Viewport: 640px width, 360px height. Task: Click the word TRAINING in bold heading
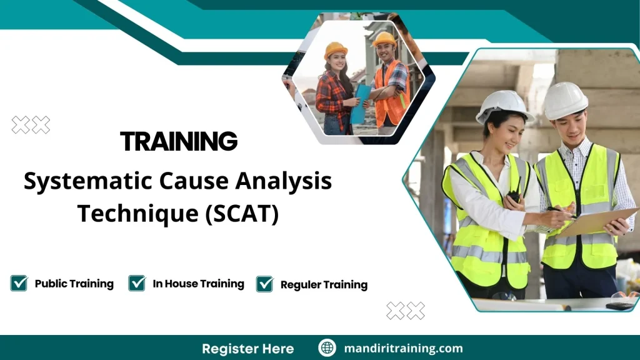[x=179, y=141]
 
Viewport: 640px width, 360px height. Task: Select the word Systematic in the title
[x=73, y=182]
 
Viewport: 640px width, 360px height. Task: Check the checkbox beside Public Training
[x=19, y=284]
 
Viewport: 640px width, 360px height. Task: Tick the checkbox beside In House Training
[x=137, y=284]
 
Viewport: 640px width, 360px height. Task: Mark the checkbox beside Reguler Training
[x=265, y=284]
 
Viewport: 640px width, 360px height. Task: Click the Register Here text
[x=247, y=348]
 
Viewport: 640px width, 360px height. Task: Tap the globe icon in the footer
[x=327, y=348]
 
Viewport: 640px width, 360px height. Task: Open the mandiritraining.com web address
[x=403, y=348]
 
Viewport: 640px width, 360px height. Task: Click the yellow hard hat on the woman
[x=336, y=49]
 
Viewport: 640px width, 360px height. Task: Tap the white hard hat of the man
[x=565, y=100]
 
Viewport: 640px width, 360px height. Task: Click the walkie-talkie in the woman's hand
[x=514, y=196]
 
